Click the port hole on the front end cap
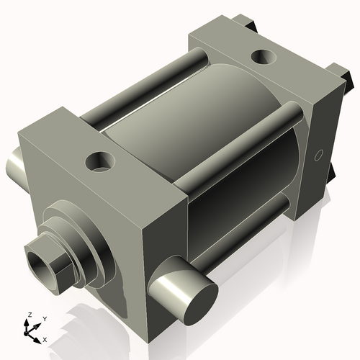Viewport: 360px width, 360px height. click(100, 162)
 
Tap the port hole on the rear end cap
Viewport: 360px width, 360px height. click(264, 57)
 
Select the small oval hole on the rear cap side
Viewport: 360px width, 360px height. click(318, 155)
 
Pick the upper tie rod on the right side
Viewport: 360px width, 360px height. click(238, 144)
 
